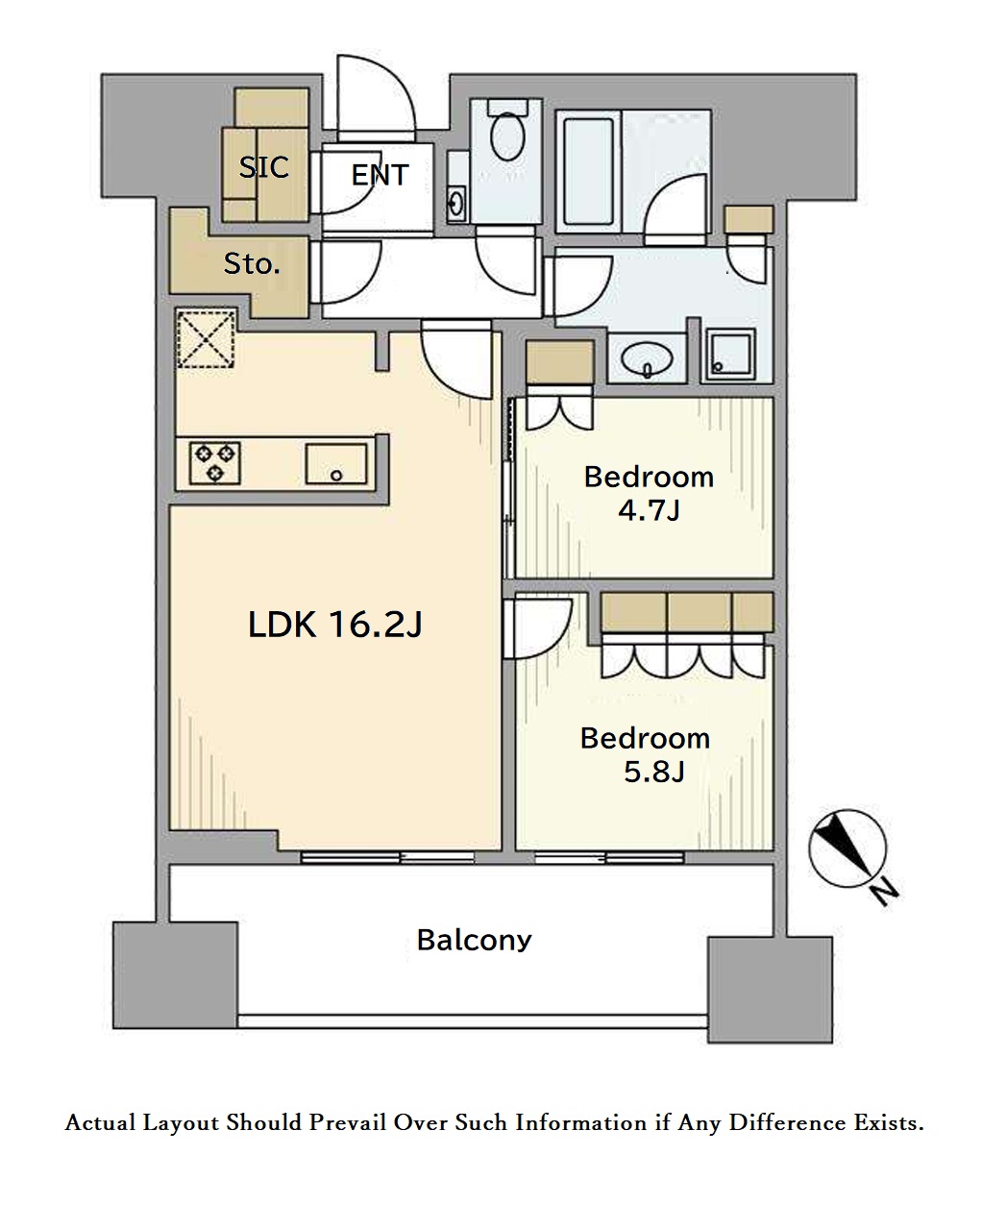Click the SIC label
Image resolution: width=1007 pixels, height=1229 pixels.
pos(263,167)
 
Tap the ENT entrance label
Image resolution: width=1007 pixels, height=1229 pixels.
pos(380,175)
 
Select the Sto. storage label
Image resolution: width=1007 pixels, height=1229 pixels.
pos(252,264)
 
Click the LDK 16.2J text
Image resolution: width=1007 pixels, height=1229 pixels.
pos(335,625)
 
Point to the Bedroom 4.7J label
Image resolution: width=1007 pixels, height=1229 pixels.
pos(649,493)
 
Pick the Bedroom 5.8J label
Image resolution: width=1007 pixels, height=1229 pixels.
pos(645,754)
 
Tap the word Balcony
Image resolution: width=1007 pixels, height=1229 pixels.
pos(474,940)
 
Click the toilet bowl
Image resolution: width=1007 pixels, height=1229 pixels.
pos(507,136)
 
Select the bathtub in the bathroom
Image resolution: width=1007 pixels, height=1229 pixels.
pos(588,172)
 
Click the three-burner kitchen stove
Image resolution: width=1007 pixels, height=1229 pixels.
pos(215,463)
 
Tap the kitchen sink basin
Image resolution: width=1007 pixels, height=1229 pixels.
pos(336,464)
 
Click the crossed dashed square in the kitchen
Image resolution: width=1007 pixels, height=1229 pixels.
pos(206,339)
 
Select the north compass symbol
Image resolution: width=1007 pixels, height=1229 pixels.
pos(847,849)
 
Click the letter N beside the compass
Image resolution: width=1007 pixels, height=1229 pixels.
pos(885,892)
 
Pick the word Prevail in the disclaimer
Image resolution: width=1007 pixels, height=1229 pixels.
pos(347,1122)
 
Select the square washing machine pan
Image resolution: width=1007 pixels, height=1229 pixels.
pos(731,356)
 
